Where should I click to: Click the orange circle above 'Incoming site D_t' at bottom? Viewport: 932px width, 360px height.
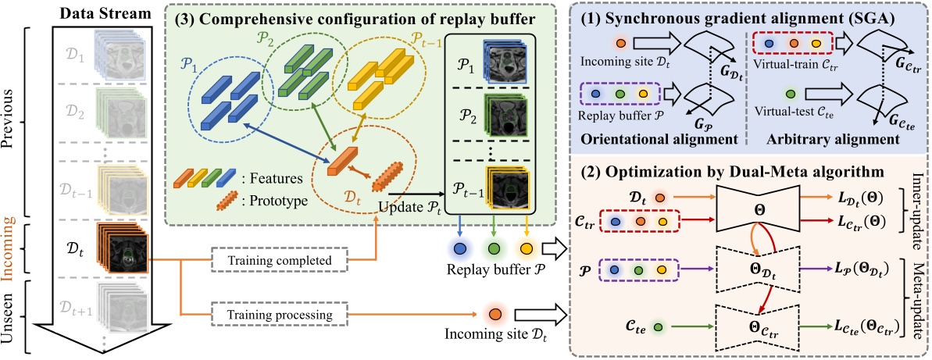(495, 315)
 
